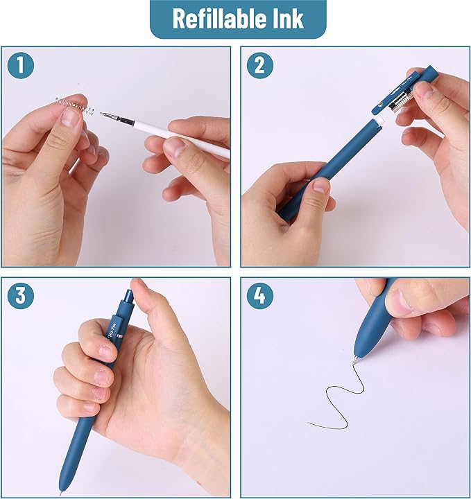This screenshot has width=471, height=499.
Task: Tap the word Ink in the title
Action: pos(288,19)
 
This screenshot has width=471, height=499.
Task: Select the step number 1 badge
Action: pos(22,66)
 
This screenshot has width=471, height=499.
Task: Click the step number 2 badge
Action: pos(259,66)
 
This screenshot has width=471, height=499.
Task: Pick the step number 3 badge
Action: pos(22,297)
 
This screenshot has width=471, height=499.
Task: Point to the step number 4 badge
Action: pos(259,297)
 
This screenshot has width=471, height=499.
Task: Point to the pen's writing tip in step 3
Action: pos(60,491)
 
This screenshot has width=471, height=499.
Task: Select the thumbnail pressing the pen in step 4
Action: pos(401,302)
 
